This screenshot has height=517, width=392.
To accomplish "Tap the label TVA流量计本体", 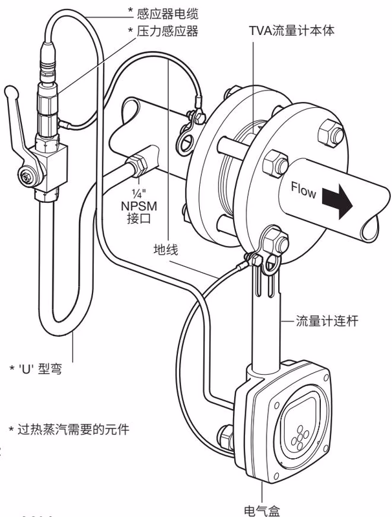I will pos(292,30).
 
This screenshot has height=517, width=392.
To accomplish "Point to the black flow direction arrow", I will pos(336,200).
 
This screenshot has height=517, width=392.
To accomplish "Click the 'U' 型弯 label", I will pos(39,368).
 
